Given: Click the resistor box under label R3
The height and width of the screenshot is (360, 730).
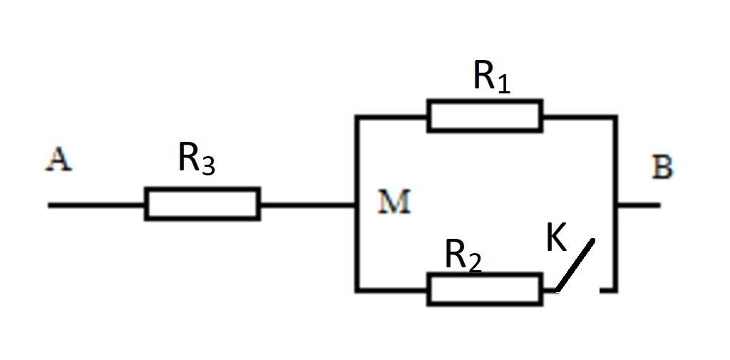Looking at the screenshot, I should [202, 204].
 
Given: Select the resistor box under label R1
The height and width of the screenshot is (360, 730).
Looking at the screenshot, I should [484, 116].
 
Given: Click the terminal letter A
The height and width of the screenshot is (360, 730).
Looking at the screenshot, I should [58, 161].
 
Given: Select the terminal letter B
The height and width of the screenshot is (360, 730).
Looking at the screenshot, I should [662, 169].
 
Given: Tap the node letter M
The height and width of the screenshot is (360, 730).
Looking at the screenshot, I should [394, 203].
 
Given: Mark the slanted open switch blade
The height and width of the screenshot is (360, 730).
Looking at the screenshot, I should [575, 266].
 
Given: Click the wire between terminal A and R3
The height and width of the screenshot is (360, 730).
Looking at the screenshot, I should [96, 205].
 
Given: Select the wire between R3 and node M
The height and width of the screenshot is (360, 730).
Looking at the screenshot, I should [307, 205].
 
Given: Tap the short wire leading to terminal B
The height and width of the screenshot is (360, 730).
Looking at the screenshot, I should [639, 205].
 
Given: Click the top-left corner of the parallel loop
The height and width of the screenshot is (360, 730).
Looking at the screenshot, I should [356, 116].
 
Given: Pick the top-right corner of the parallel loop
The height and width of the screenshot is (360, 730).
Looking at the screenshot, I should [616, 116].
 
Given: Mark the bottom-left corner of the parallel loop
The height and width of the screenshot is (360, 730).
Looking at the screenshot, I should [356, 290].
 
